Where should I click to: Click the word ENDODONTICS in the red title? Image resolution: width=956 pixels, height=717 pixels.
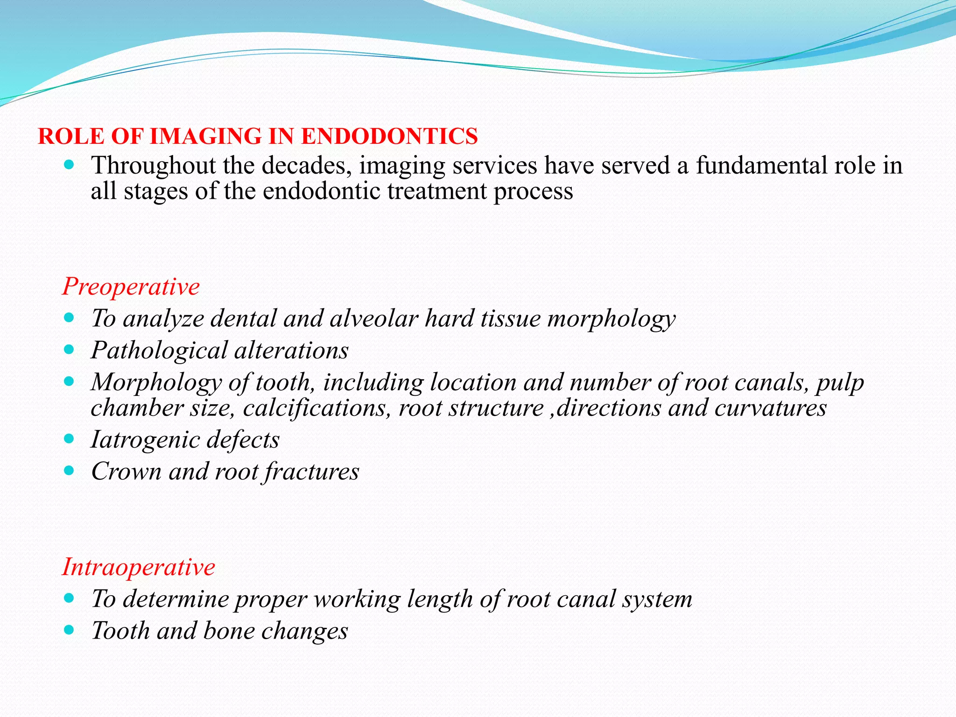tap(389, 136)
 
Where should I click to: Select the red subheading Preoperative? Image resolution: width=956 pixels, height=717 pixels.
tap(131, 286)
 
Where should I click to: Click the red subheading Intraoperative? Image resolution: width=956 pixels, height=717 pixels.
tap(139, 567)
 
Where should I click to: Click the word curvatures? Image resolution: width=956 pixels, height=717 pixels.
tap(771, 408)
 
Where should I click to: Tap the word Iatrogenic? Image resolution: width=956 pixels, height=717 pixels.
tap(145, 440)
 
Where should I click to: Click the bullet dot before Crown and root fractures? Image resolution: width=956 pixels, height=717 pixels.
tap(69, 471)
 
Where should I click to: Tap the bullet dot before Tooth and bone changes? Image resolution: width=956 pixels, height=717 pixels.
tap(69, 630)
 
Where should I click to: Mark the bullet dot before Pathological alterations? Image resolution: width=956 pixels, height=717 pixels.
tap(69, 350)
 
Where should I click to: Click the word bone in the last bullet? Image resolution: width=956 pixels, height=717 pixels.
tap(229, 631)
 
